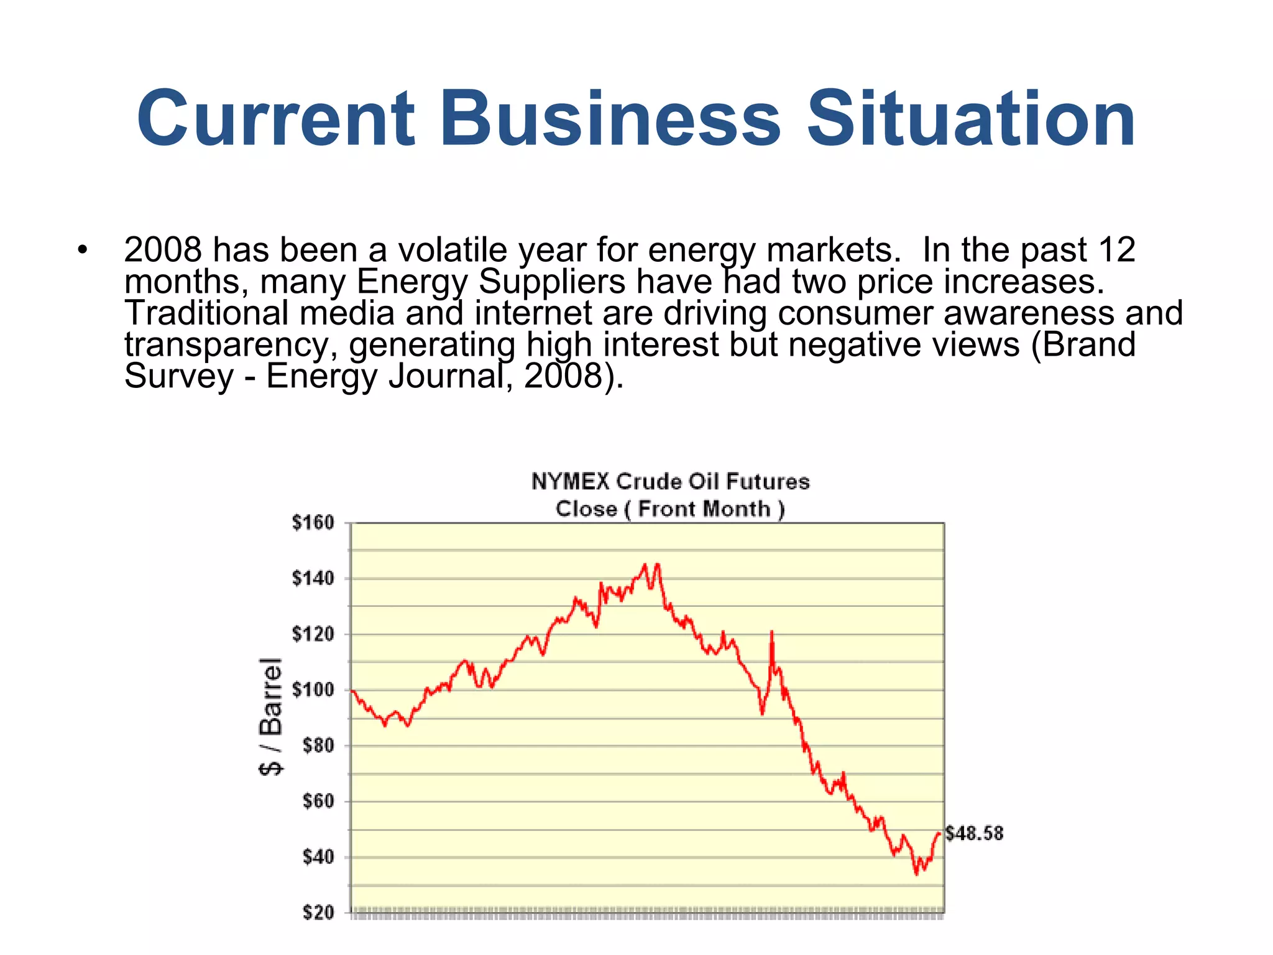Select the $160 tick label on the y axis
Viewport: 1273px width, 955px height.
point(313,523)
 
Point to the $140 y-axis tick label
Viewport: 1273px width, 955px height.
point(313,579)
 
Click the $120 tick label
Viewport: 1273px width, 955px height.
point(313,635)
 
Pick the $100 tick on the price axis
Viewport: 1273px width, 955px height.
point(313,690)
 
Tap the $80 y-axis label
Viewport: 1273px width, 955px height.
point(318,745)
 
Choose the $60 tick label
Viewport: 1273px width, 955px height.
point(318,801)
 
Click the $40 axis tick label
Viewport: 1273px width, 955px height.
point(318,857)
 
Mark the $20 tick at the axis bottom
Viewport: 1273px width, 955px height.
point(318,913)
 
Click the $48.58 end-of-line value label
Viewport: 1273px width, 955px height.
point(974,834)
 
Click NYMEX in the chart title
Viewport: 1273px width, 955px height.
point(570,482)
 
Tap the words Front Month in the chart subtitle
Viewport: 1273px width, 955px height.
point(704,509)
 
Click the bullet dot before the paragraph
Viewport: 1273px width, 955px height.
point(82,251)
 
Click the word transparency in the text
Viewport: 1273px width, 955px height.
point(231,345)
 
